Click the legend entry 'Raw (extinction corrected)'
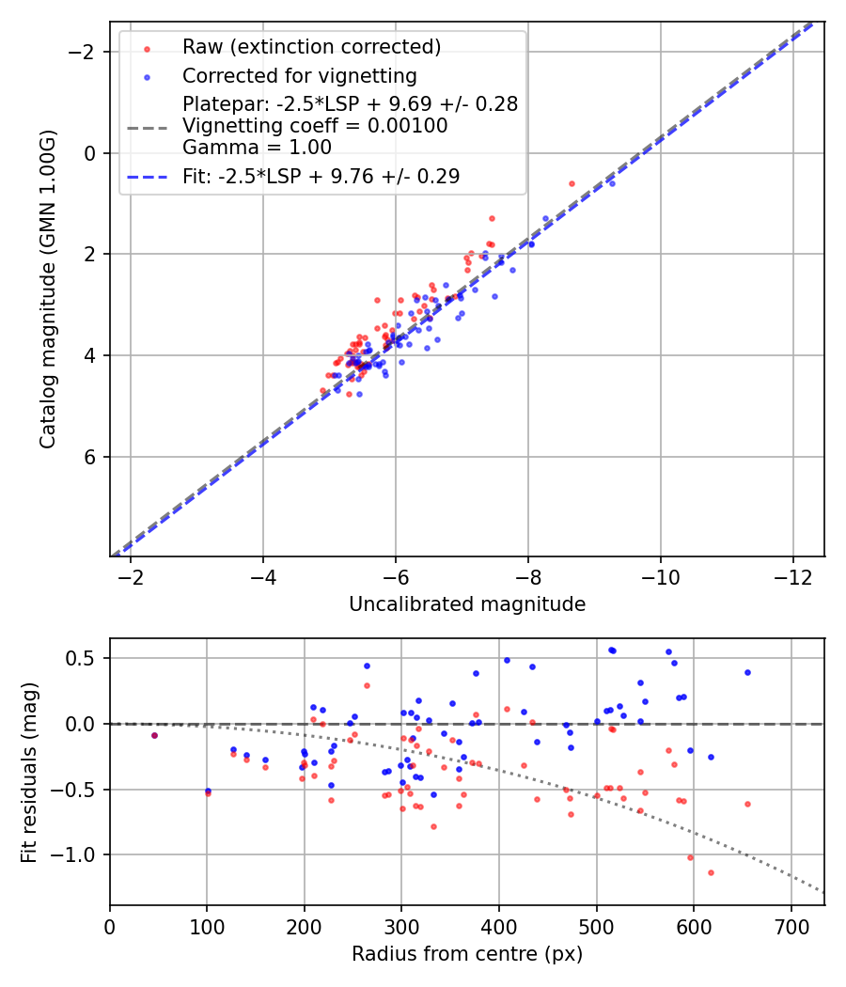pyautogui.click(x=311, y=47)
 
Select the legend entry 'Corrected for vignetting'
pyautogui.click(x=299, y=76)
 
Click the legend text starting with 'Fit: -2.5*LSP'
pyautogui.click(x=321, y=176)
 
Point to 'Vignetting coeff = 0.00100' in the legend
pyautogui.click(x=315, y=126)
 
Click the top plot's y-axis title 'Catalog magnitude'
pyautogui.click(x=48, y=289)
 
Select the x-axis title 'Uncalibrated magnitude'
pyautogui.click(x=467, y=604)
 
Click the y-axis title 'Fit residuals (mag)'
pyautogui.click(x=29, y=771)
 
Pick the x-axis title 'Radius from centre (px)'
pyautogui.click(x=467, y=954)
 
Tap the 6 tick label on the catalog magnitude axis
pyautogui.click(x=91, y=457)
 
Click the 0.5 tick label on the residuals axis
pyautogui.click(x=85, y=658)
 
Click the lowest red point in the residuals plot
pyautogui.click(x=711, y=872)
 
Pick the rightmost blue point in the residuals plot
pyautogui.click(x=747, y=672)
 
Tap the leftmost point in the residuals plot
pyautogui.click(x=154, y=735)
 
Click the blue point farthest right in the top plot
pyautogui.click(x=612, y=183)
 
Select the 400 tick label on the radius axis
pyautogui.click(x=499, y=925)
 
